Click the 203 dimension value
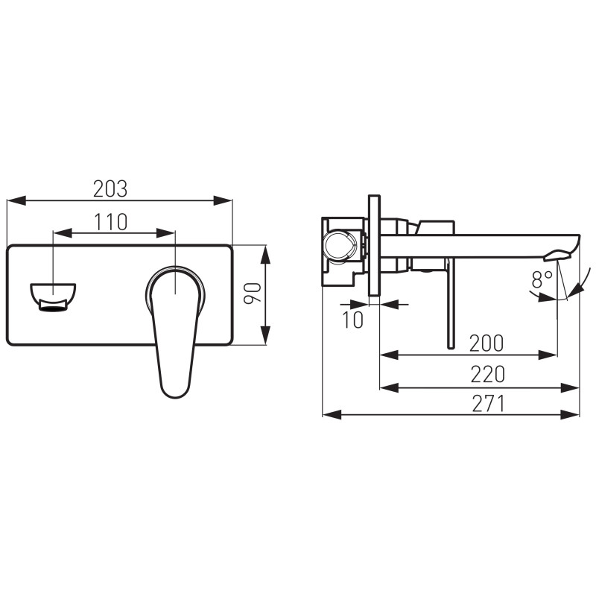point(110,189)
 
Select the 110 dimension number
point(110,222)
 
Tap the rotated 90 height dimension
point(253,293)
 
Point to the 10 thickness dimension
point(353,320)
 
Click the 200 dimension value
point(486,343)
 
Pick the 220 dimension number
point(488,375)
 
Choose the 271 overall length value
point(489,404)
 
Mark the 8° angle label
point(542,280)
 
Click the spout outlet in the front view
point(53,297)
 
